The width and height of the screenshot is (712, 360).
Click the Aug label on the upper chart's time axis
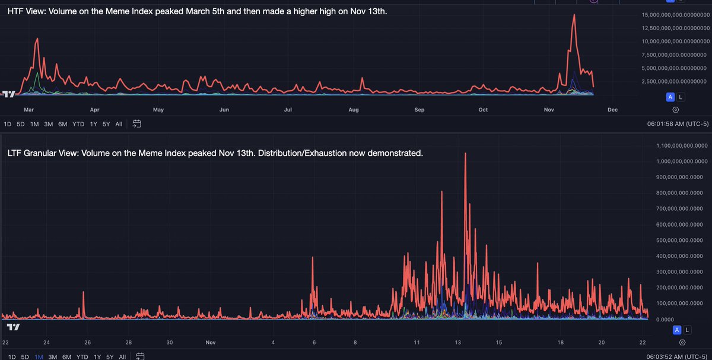tap(354, 110)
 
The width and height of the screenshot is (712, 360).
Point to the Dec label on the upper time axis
tap(613, 110)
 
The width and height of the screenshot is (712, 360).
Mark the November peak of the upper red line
tap(574, 15)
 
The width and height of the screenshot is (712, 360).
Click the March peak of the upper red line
tap(37, 39)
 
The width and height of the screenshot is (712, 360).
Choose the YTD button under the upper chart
tap(78, 124)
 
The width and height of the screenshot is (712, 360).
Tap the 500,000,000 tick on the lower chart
tap(682, 240)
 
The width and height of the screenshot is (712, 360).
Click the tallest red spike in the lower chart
tap(465, 154)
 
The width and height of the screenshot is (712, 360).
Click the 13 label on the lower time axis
tap(458, 342)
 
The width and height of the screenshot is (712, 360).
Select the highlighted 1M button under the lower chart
tap(39, 356)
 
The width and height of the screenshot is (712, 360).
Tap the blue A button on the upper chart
tap(670, 97)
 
